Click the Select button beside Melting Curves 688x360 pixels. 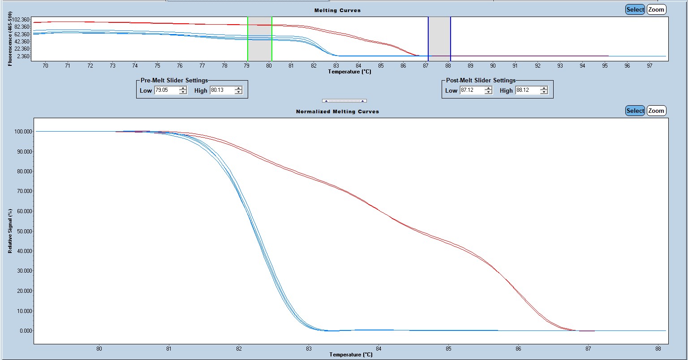pos(635,9)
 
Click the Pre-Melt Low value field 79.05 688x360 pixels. pos(166,90)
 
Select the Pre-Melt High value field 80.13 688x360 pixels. pos(222,90)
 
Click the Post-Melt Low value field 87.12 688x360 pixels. pos(472,90)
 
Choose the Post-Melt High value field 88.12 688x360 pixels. pos(527,90)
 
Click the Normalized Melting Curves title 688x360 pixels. pos(338,111)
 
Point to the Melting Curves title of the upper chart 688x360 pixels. pos(338,10)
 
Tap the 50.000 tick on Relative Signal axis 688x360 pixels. pos(24,231)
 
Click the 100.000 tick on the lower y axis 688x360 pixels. pos(23,132)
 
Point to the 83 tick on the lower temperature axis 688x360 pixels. pos(309,349)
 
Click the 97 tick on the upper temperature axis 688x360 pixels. pos(649,66)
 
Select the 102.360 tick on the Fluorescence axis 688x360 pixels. pos(21,20)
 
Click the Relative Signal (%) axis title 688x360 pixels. pos(10,231)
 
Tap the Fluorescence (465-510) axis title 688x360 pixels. pos(10,39)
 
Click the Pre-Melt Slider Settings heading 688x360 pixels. pos(174,81)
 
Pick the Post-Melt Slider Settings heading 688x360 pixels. pos(481,81)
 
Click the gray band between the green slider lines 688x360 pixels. pos(259,39)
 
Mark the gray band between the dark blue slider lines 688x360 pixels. pos(439,39)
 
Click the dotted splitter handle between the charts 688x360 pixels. pos(344,101)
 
